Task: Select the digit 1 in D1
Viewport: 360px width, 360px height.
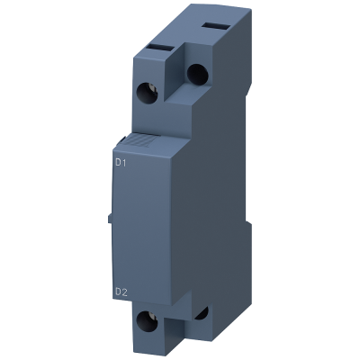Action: [126, 163]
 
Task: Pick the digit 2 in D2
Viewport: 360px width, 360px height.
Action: [126, 289]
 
